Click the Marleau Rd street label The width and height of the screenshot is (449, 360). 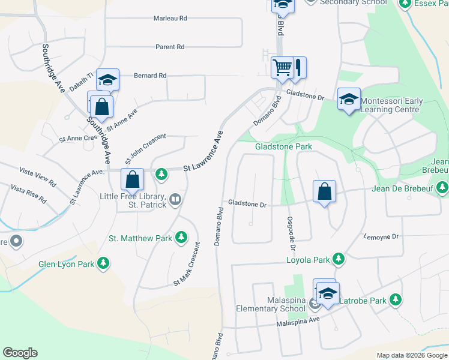coord(170,19)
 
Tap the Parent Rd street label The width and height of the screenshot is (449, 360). coord(170,47)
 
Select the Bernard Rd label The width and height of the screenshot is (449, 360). coord(149,76)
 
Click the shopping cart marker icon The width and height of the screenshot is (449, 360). coord(282,67)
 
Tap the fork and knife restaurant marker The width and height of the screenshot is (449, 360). coord(298,67)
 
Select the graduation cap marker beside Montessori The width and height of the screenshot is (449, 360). coord(348,99)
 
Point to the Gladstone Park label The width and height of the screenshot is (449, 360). coord(283,146)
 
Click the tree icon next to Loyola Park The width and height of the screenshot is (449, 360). coord(339,259)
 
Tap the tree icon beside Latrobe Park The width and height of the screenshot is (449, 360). coord(395,299)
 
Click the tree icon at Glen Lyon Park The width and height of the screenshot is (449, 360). coord(104,263)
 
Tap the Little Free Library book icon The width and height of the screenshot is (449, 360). coord(175,199)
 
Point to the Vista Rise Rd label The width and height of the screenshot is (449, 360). coord(28,194)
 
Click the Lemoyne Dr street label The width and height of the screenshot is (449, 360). coord(381,237)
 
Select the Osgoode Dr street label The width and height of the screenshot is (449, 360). coord(291,234)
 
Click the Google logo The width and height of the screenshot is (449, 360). coord(20,353)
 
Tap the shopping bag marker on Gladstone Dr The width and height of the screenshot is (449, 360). coord(324,192)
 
